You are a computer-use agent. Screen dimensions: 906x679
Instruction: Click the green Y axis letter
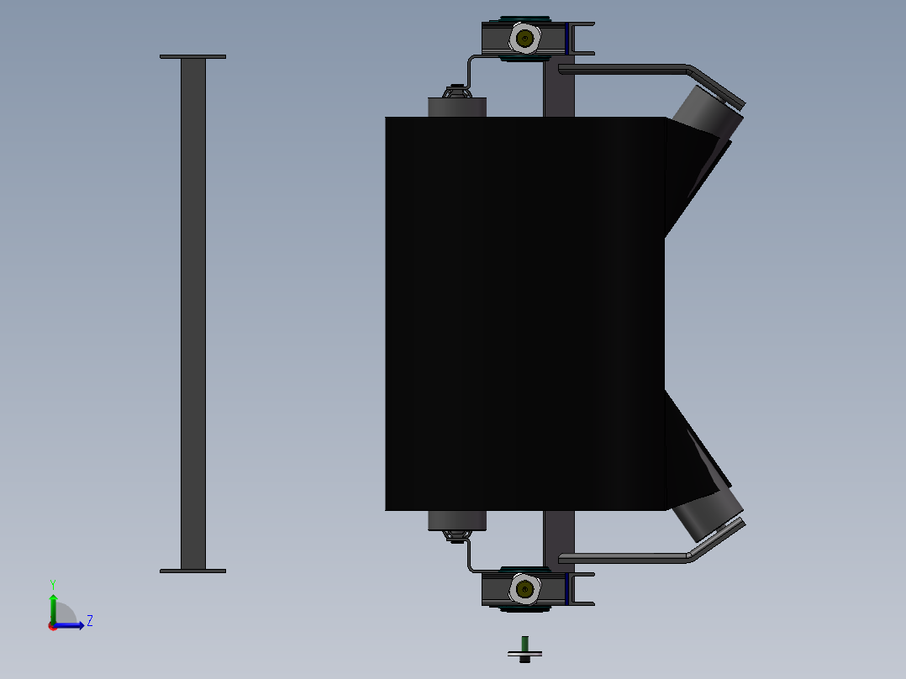[x=53, y=585]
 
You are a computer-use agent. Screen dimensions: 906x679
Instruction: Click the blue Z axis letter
[x=90, y=621]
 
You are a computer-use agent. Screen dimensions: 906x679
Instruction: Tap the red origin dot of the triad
[x=53, y=626]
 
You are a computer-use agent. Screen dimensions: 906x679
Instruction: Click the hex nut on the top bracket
[x=524, y=39]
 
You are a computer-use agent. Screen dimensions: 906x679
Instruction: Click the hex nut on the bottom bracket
[x=524, y=589]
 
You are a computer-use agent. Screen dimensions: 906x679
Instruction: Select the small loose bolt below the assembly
[x=524, y=650]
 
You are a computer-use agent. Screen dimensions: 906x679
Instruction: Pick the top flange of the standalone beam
[x=192, y=56]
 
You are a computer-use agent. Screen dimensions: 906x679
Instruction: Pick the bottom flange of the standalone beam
[x=192, y=571]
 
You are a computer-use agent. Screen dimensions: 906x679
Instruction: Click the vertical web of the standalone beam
[x=193, y=313]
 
